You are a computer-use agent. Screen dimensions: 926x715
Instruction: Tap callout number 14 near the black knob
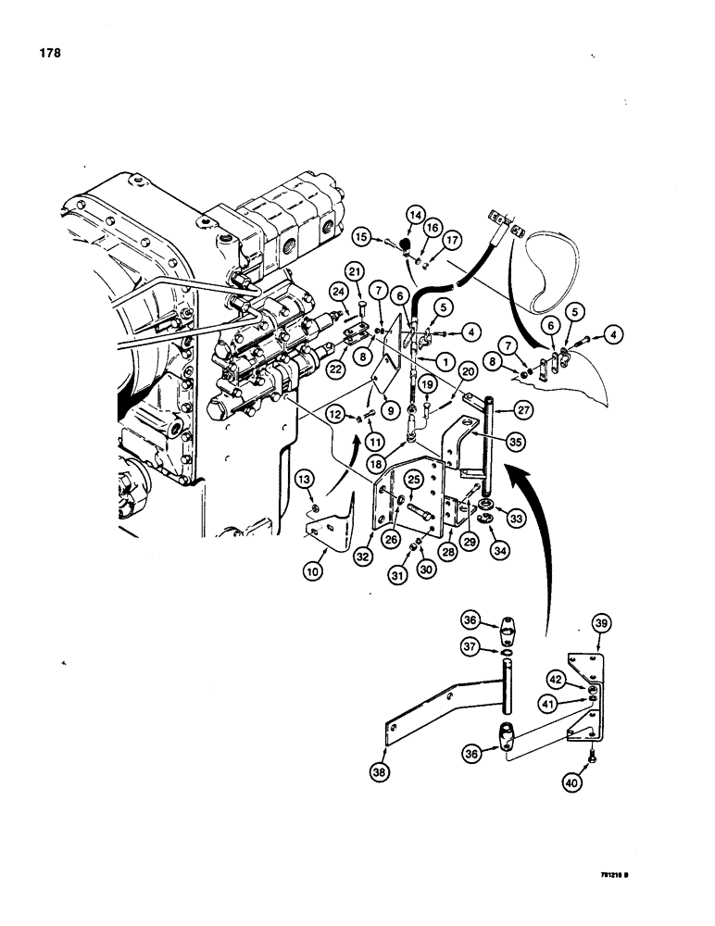click(412, 216)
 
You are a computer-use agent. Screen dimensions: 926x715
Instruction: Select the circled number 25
click(414, 478)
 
